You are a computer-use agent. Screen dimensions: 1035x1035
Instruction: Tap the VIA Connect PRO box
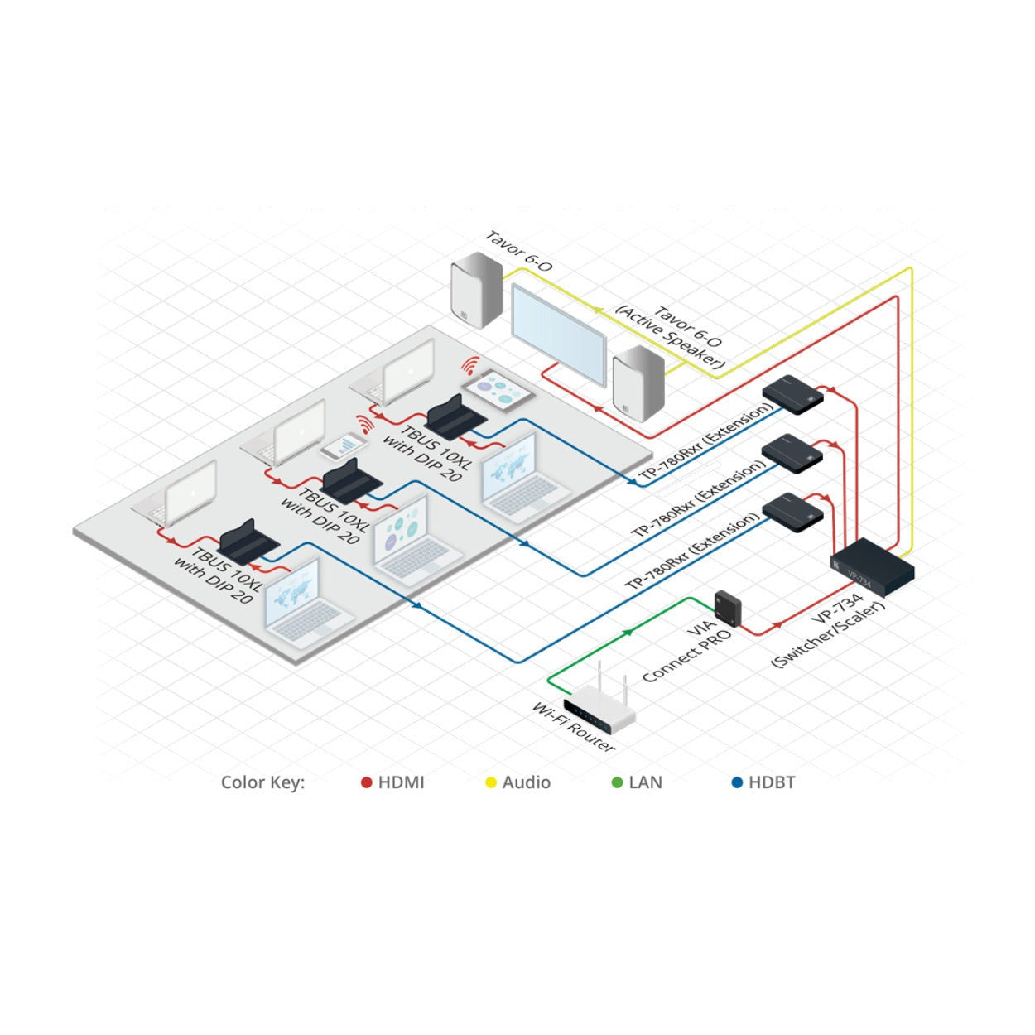point(728,607)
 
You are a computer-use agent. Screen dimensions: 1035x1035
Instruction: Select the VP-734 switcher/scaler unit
point(872,568)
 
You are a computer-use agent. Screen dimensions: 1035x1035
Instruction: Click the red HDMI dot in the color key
point(366,783)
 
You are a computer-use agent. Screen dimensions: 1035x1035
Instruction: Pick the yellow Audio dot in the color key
point(491,783)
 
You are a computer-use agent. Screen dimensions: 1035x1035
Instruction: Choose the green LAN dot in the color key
point(617,783)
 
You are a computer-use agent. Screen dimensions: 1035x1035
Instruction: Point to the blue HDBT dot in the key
point(737,783)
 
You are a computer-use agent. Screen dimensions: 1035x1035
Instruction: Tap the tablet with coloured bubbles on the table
point(498,392)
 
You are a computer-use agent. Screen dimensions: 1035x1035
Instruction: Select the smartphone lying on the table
point(344,446)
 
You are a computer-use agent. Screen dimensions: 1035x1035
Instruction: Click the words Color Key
point(262,782)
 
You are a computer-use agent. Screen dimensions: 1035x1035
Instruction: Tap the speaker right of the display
point(638,383)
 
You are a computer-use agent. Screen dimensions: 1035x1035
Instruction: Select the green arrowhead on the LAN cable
point(628,633)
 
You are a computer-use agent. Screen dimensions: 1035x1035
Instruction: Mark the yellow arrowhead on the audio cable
point(596,310)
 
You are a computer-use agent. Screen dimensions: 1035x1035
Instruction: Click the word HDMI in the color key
point(402,782)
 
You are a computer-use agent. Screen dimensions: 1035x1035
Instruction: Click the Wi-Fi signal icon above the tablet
point(469,366)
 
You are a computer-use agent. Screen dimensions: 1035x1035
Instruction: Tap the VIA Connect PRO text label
point(687,652)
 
